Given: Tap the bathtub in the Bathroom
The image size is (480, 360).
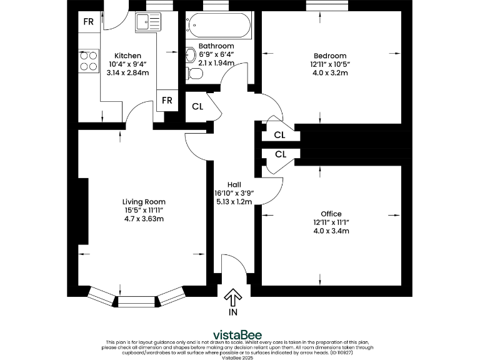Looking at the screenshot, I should (219, 26).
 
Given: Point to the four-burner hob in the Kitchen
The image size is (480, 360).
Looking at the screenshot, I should (88, 61).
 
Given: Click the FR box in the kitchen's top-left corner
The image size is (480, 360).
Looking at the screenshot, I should (89, 22).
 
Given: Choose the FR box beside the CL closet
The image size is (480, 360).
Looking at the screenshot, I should (167, 101).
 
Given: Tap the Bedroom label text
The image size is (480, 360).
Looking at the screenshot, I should (330, 56).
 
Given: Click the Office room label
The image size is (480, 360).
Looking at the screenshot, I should (331, 214).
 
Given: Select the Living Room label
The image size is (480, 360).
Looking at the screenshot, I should (144, 201).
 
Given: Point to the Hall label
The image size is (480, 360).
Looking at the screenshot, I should (234, 184).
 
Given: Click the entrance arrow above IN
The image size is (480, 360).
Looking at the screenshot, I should (233, 296).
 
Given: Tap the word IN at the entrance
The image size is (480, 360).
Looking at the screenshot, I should (233, 311).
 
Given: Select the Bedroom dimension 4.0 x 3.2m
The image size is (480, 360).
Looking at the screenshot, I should (330, 73).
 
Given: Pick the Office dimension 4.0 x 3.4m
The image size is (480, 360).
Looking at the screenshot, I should (331, 231).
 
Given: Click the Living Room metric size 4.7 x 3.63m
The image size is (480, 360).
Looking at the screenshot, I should (144, 219).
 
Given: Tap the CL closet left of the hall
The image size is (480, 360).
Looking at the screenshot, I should (197, 106).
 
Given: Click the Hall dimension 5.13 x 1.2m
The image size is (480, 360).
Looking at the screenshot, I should (234, 202).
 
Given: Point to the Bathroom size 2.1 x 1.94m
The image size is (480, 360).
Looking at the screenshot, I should (216, 63).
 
